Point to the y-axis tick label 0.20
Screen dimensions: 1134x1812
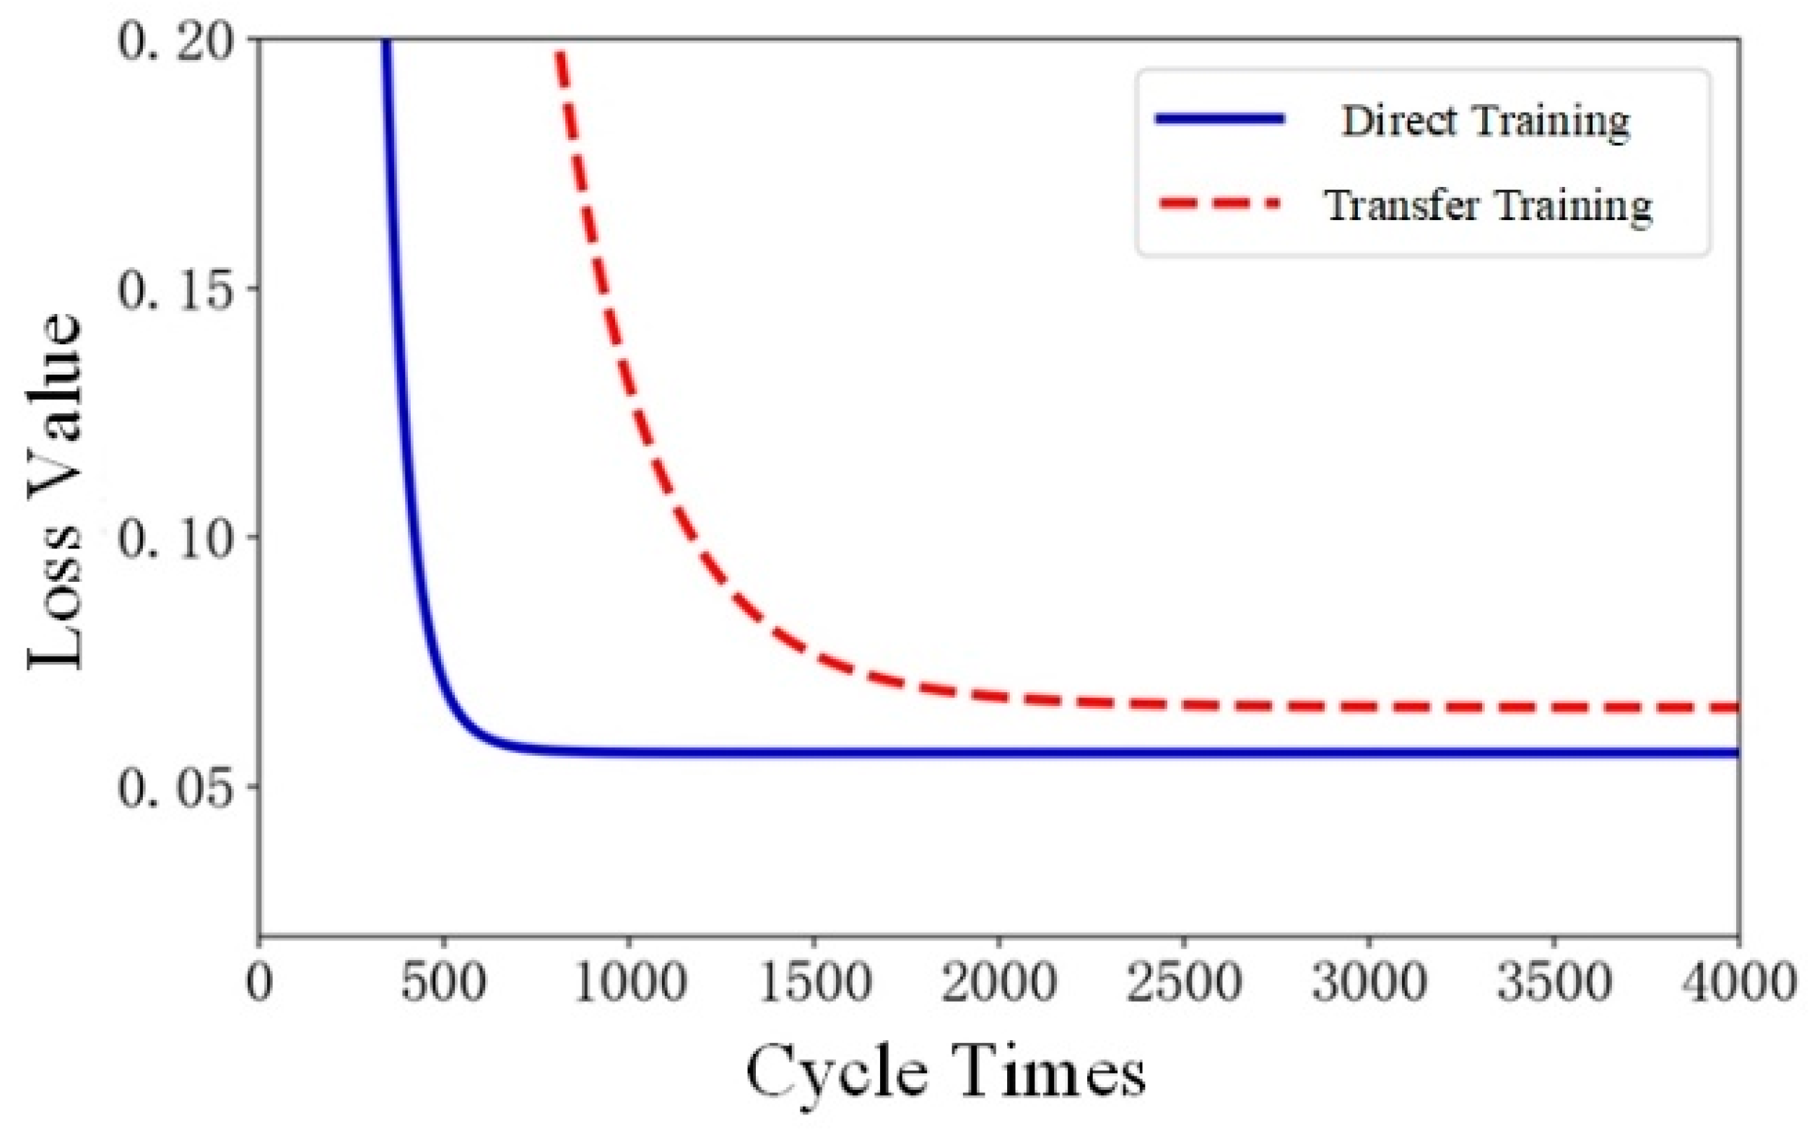174,41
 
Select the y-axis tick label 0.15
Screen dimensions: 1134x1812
174,290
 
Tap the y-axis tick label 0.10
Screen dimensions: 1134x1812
174,539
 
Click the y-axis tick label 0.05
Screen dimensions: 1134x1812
174,788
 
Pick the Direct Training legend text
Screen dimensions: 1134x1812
1485,121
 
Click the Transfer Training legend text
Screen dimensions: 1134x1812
1489,206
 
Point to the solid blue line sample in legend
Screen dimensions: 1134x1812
1220,119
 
